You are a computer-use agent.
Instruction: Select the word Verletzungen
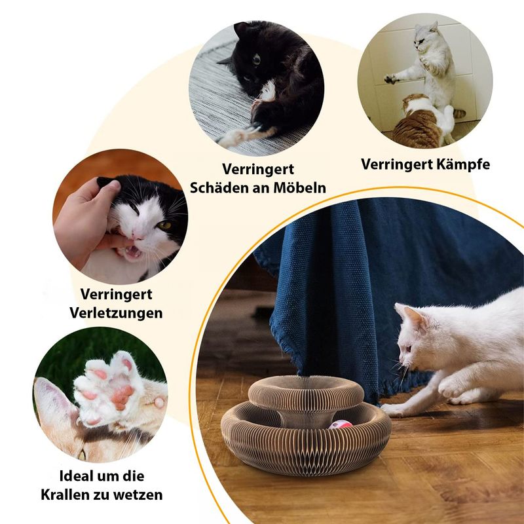116,312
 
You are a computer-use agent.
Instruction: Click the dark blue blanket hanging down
367,262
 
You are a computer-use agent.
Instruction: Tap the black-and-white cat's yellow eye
163,225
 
